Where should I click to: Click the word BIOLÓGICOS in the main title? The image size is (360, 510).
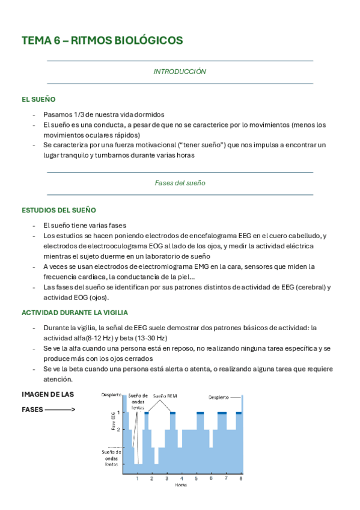(145, 40)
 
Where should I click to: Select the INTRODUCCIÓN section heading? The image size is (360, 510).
(180, 72)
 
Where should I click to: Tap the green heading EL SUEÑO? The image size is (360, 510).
(39, 99)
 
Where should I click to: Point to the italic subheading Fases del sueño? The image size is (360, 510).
(180, 183)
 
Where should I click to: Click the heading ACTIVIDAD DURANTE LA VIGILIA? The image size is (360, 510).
(75, 313)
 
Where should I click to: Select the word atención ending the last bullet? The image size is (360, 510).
(58, 379)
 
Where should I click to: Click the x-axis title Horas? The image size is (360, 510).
(181, 484)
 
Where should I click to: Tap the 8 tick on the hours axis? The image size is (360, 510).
(241, 478)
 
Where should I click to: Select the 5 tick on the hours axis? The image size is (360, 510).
(197, 478)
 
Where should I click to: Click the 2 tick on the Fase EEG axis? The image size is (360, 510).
(119, 429)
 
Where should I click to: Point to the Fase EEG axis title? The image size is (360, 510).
(112, 421)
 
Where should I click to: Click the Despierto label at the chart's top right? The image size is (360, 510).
(219, 397)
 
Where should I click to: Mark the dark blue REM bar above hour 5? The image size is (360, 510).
(200, 413)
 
